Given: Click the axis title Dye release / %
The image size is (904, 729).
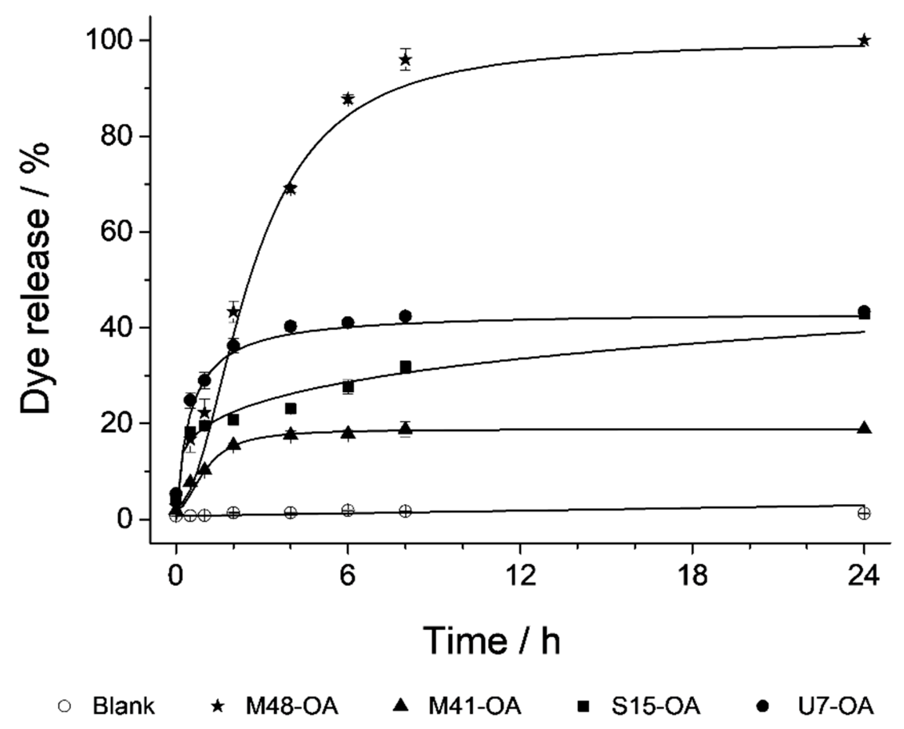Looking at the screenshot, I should (35, 279).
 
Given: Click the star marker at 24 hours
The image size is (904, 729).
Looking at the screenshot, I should (864, 41).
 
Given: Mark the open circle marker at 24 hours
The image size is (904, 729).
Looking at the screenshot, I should (864, 513).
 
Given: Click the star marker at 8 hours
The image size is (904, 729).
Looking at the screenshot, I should (405, 60).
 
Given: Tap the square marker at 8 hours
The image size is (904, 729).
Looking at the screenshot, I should (405, 367).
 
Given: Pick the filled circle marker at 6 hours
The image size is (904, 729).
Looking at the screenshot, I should (348, 322).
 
